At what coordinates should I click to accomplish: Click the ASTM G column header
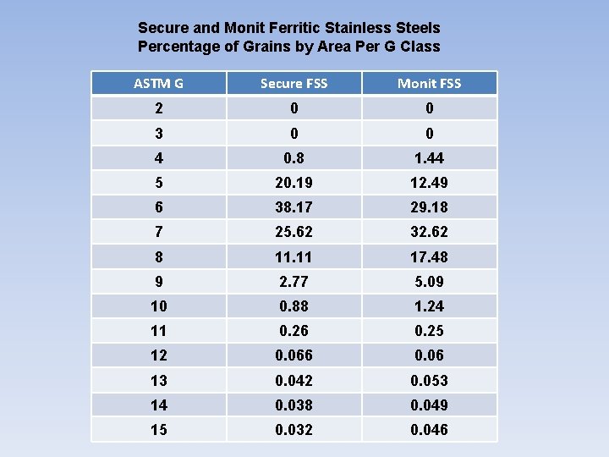[158, 83]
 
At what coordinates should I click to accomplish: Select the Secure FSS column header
[294, 83]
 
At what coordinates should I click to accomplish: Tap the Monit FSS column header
[429, 83]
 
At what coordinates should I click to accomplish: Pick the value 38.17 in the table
[294, 207]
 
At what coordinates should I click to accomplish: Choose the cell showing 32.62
[429, 232]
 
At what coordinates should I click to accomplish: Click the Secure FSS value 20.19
[294, 183]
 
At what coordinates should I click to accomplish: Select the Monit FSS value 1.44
[429, 158]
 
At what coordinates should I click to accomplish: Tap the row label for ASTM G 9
[158, 281]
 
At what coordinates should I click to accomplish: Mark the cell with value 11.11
[294, 256]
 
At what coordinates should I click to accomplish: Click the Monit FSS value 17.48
[429, 256]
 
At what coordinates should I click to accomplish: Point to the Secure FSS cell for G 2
[294, 108]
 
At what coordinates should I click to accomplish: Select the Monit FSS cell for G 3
[429, 134]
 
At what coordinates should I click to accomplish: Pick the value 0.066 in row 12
[294, 355]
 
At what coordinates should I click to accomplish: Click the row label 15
[158, 430]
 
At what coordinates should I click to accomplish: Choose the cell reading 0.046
[429, 430]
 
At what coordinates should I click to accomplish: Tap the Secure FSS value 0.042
[294, 381]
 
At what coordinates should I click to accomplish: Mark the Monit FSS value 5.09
[429, 281]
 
